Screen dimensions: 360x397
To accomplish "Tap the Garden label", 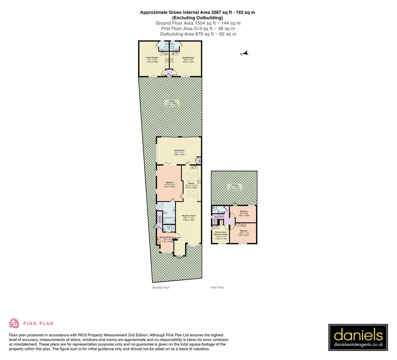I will pos(172,103).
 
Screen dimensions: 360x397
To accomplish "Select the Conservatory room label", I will pos(179,152).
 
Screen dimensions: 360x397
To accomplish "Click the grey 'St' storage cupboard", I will pos(199,161).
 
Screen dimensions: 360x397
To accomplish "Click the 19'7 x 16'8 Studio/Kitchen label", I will pos(152,60).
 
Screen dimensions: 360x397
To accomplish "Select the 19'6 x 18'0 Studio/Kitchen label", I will pos(188,60).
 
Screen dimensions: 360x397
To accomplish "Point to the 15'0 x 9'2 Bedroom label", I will pos(244,214).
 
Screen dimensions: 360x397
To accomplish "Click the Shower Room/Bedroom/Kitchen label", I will pos(221,235).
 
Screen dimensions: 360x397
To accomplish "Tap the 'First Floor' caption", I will pos(217,287).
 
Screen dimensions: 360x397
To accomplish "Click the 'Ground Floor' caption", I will pos(161,287).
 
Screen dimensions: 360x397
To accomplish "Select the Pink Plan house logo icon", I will pos(14,323).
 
